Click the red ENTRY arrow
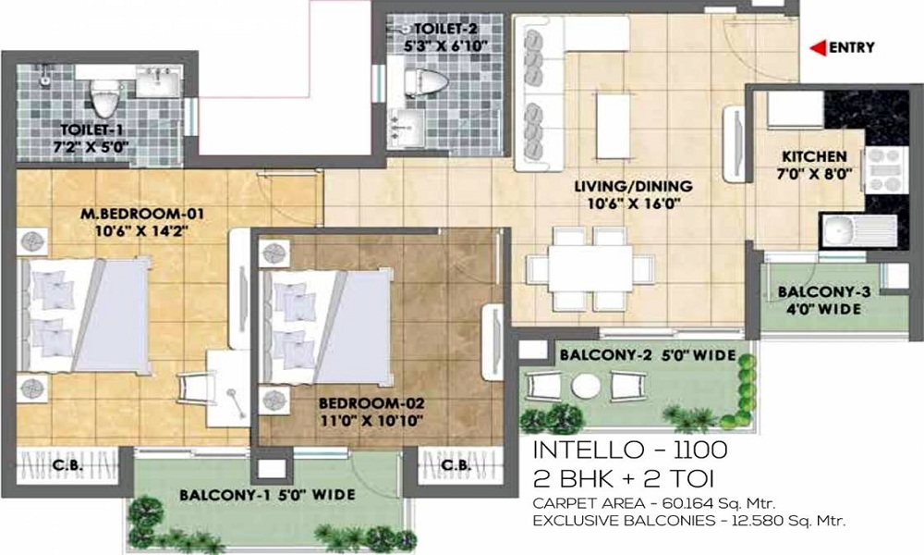click(x=818, y=48)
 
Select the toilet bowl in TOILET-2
click(x=427, y=80)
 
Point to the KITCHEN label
click(x=814, y=157)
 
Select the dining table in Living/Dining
click(x=590, y=268)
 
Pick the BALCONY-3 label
click(x=824, y=292)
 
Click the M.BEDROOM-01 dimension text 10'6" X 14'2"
click(x=141, y=230)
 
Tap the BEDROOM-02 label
click(x=371, y=404)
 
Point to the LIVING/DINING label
click(x=634, y=186)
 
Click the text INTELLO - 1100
click(x=630, y=450)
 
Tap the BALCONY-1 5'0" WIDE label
click(x=268, y=495)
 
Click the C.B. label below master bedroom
click(x=67, y=465)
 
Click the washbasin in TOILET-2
click(x=407, y=126)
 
